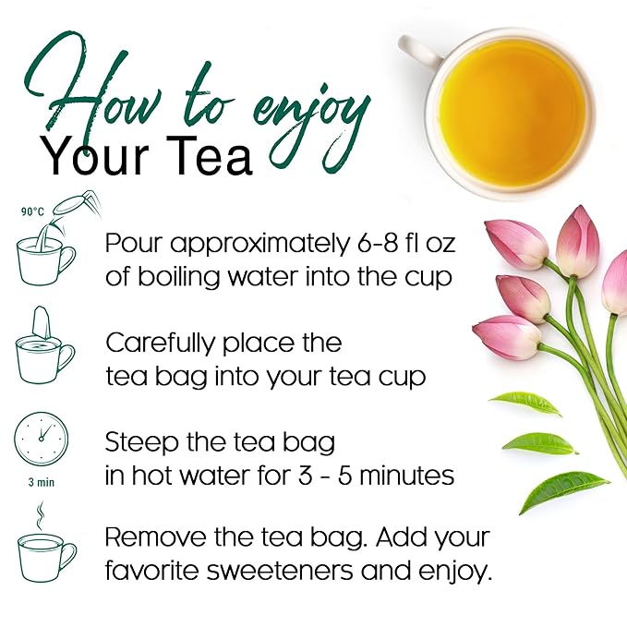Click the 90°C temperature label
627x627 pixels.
(x=32, y=211)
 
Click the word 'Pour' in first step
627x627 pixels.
(x=135, y=245)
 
